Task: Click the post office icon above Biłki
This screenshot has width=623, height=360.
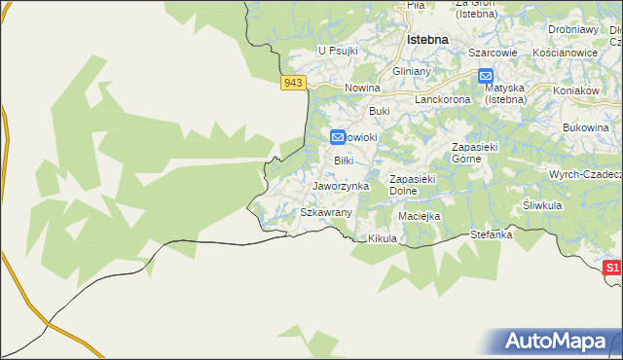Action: coord(338,139)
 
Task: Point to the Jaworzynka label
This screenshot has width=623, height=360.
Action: coord(341,185)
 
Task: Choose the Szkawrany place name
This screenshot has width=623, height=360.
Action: coord(325,211)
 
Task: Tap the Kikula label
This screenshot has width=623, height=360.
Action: coord(384,238)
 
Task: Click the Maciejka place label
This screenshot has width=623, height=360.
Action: coord(420,215)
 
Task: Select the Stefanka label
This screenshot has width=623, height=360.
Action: coord(491,234)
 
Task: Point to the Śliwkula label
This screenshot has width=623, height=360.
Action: coord(544,205)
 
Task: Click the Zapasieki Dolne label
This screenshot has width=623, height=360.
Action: coord(418,185)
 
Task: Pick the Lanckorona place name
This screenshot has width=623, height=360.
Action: coord(443,99)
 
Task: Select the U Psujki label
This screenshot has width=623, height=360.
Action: coord(338,51)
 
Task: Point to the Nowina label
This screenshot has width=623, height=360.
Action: coord(362,89)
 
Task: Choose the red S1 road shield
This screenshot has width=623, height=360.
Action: coord(611,268)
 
